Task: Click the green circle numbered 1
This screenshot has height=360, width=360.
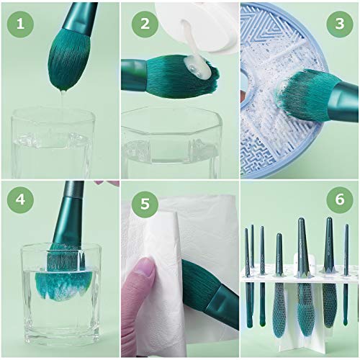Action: tap(20, 24)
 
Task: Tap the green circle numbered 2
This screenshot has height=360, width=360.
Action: tap(145, 24)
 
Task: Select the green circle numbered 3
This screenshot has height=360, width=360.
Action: tap(340, 24)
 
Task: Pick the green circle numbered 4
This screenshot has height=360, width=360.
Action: tap(20, 199)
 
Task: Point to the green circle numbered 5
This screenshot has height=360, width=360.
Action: tap(145, 204)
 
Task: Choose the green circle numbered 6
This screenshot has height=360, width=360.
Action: tap(340, 199)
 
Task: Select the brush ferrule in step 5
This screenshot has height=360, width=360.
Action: tap(222, 305)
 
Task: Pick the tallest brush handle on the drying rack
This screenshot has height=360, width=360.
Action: tap(302, 247)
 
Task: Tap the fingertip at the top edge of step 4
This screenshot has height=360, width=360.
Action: tap(106, 183)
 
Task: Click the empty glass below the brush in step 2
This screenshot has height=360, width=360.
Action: tap(171, 143)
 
